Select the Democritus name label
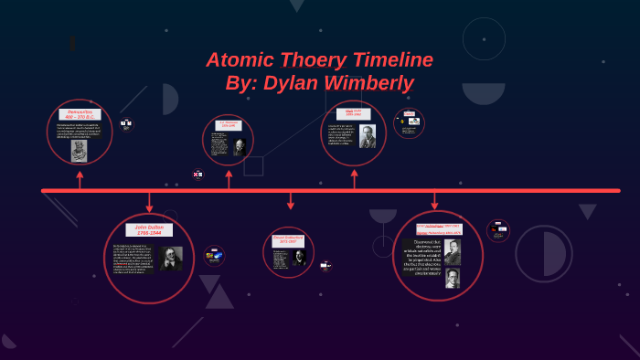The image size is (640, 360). [80, 114]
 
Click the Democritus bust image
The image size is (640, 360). [80, 150]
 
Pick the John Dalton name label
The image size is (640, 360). [149, 229]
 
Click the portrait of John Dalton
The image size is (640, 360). [171, 259]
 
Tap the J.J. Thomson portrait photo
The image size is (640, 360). [240, 146]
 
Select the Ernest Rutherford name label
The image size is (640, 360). [288, 240]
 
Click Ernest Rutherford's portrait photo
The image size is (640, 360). [299, 258]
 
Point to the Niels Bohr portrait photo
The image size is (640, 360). [367, 137]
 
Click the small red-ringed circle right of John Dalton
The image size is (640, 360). [214, 256]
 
